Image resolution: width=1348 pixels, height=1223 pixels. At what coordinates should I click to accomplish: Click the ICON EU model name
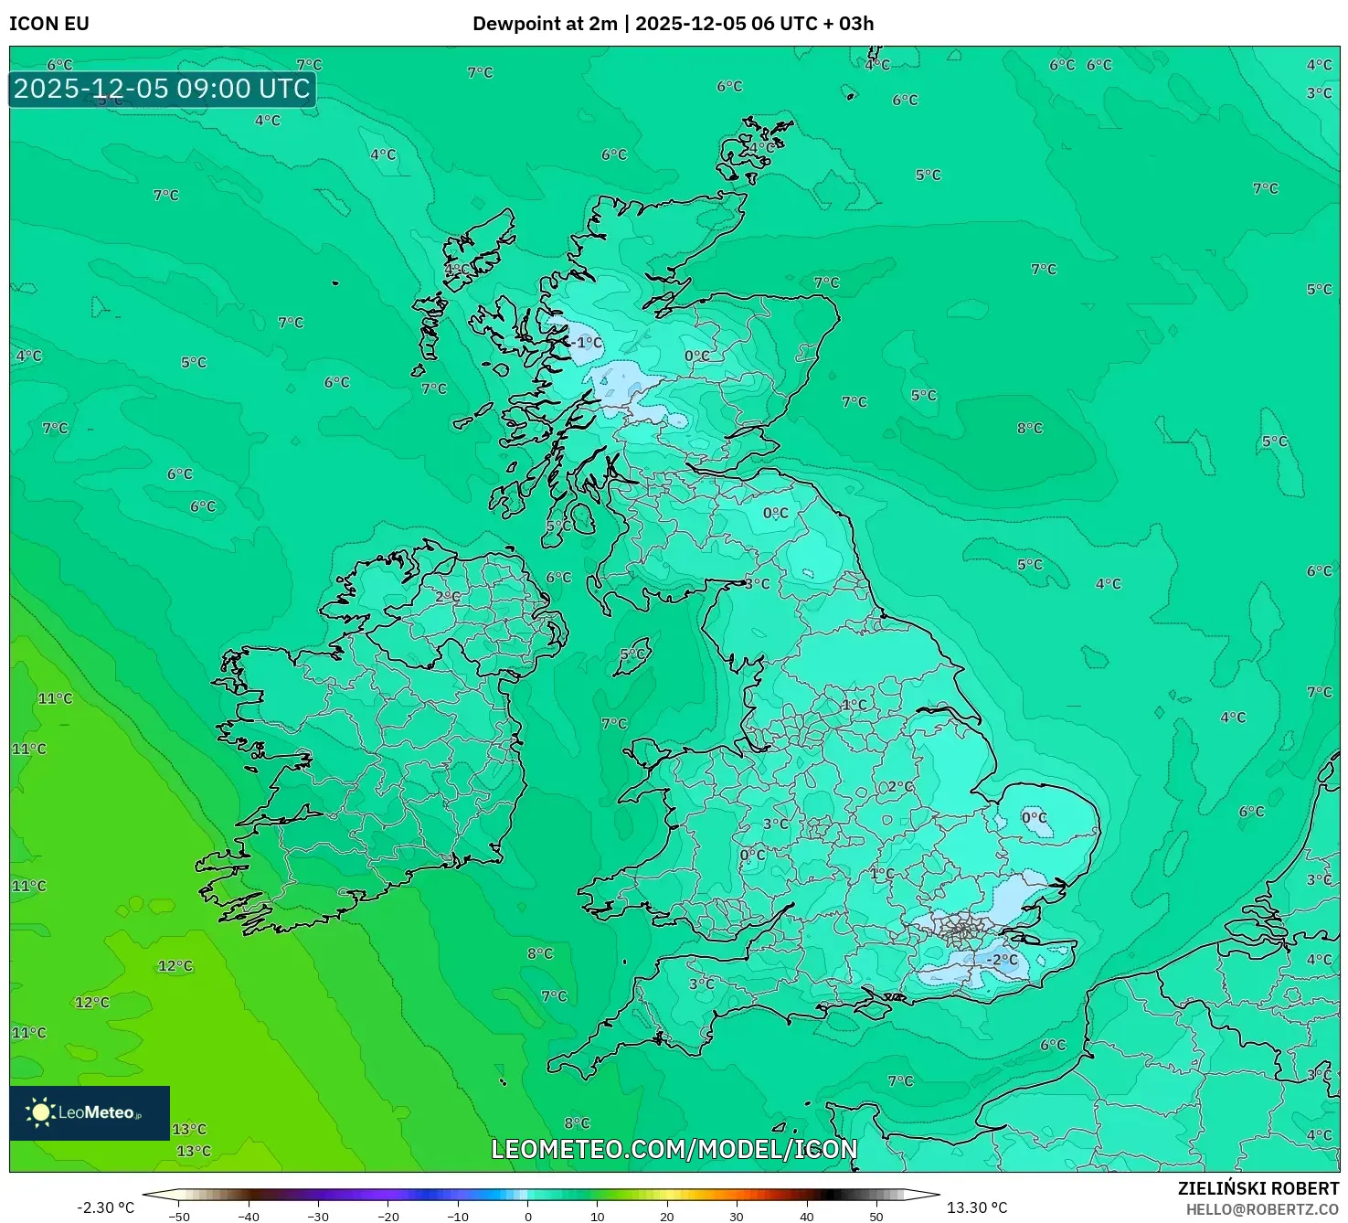[x=49, y=24]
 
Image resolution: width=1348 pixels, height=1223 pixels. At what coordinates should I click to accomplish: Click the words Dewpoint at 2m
[x=545, y=24]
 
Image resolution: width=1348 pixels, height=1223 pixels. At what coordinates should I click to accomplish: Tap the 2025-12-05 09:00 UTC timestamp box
[x=162, y=89]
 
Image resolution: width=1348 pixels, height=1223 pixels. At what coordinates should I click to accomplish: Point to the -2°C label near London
[x=1002, y=960]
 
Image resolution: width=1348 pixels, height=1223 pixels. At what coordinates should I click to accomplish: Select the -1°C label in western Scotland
[x=588, y=343]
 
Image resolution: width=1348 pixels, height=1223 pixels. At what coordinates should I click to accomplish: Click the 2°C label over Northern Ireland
[x=448, y=597]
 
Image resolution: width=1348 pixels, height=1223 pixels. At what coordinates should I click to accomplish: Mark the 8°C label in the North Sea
[x=1030, y=428]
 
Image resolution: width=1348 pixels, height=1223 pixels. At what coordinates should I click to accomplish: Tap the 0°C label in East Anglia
[x=1035, y=817]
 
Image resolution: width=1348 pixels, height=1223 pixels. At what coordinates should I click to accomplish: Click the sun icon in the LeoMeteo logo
[x=40, y=1111]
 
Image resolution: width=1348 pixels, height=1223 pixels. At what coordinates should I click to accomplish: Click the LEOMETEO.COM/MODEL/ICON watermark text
[x=674, y=1149]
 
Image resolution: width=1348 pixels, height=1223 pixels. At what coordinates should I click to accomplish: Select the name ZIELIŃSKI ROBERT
[x=1258, y=1188]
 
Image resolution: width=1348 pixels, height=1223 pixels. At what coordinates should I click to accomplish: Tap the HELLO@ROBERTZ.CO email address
[x=1262, y=1209]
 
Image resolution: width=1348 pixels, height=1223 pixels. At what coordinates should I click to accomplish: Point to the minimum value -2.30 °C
[x=105, y=1207]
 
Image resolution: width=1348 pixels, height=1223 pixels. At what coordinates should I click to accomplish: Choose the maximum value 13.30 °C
[x=977, y=1207]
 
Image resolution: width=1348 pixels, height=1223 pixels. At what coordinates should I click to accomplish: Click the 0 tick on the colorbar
[x=528, y=1217]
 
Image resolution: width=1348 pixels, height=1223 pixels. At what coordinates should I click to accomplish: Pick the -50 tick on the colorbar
[x=179, y=1217]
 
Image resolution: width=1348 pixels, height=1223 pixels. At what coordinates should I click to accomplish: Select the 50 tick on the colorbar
[x=876, y=1217]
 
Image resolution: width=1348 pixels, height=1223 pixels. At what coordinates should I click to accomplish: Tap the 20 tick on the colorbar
[x=667, y=1217]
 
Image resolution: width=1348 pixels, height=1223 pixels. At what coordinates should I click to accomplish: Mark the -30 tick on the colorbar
[x=318, y=1217]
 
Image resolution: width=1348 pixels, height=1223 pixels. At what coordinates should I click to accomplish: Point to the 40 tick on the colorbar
[x=807, y=1217]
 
